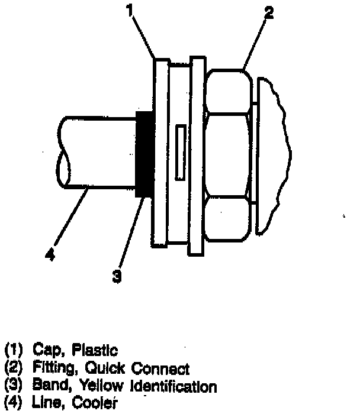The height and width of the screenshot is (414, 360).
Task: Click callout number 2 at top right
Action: coord(269,14)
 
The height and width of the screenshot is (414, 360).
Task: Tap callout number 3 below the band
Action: coord(118,276)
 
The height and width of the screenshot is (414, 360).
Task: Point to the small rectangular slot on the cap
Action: coord(180,150)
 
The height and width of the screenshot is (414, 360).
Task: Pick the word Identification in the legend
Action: coord(171,387)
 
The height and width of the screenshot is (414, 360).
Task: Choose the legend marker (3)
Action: coord(12,387)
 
